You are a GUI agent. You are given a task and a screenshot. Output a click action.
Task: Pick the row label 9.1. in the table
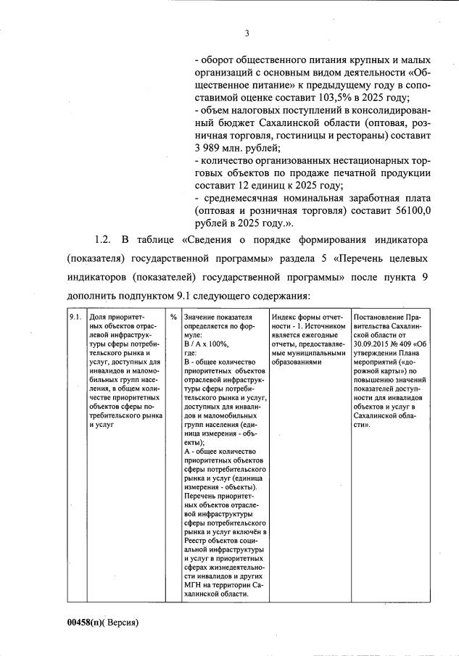[75, 317]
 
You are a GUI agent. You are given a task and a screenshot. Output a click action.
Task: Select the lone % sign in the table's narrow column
[174, 317]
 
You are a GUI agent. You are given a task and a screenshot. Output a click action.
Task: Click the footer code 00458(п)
[87, 622]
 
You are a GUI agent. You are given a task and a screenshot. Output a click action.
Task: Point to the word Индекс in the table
[284, 317]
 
